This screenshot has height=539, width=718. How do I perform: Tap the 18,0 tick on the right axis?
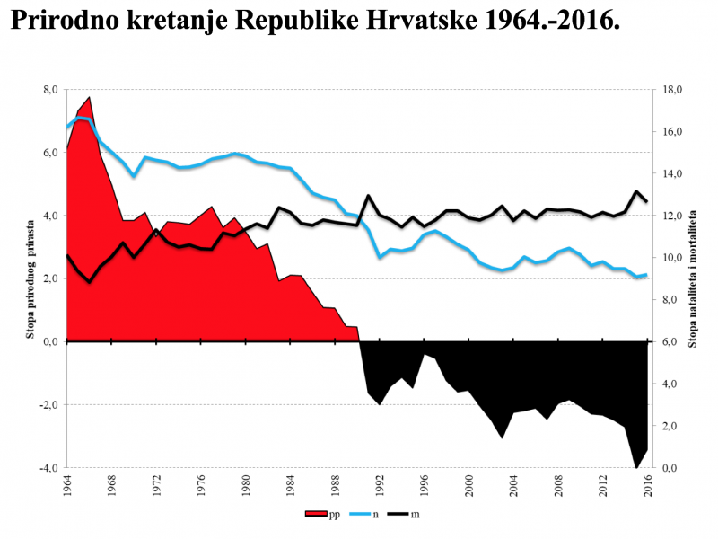point(673,90)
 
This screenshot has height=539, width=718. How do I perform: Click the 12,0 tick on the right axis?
point(673,216)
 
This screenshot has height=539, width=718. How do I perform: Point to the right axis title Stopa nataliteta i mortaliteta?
point(692,278)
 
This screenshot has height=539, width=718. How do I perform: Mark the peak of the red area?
point(89,97)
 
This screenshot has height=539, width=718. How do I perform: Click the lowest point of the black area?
point(636,467)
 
